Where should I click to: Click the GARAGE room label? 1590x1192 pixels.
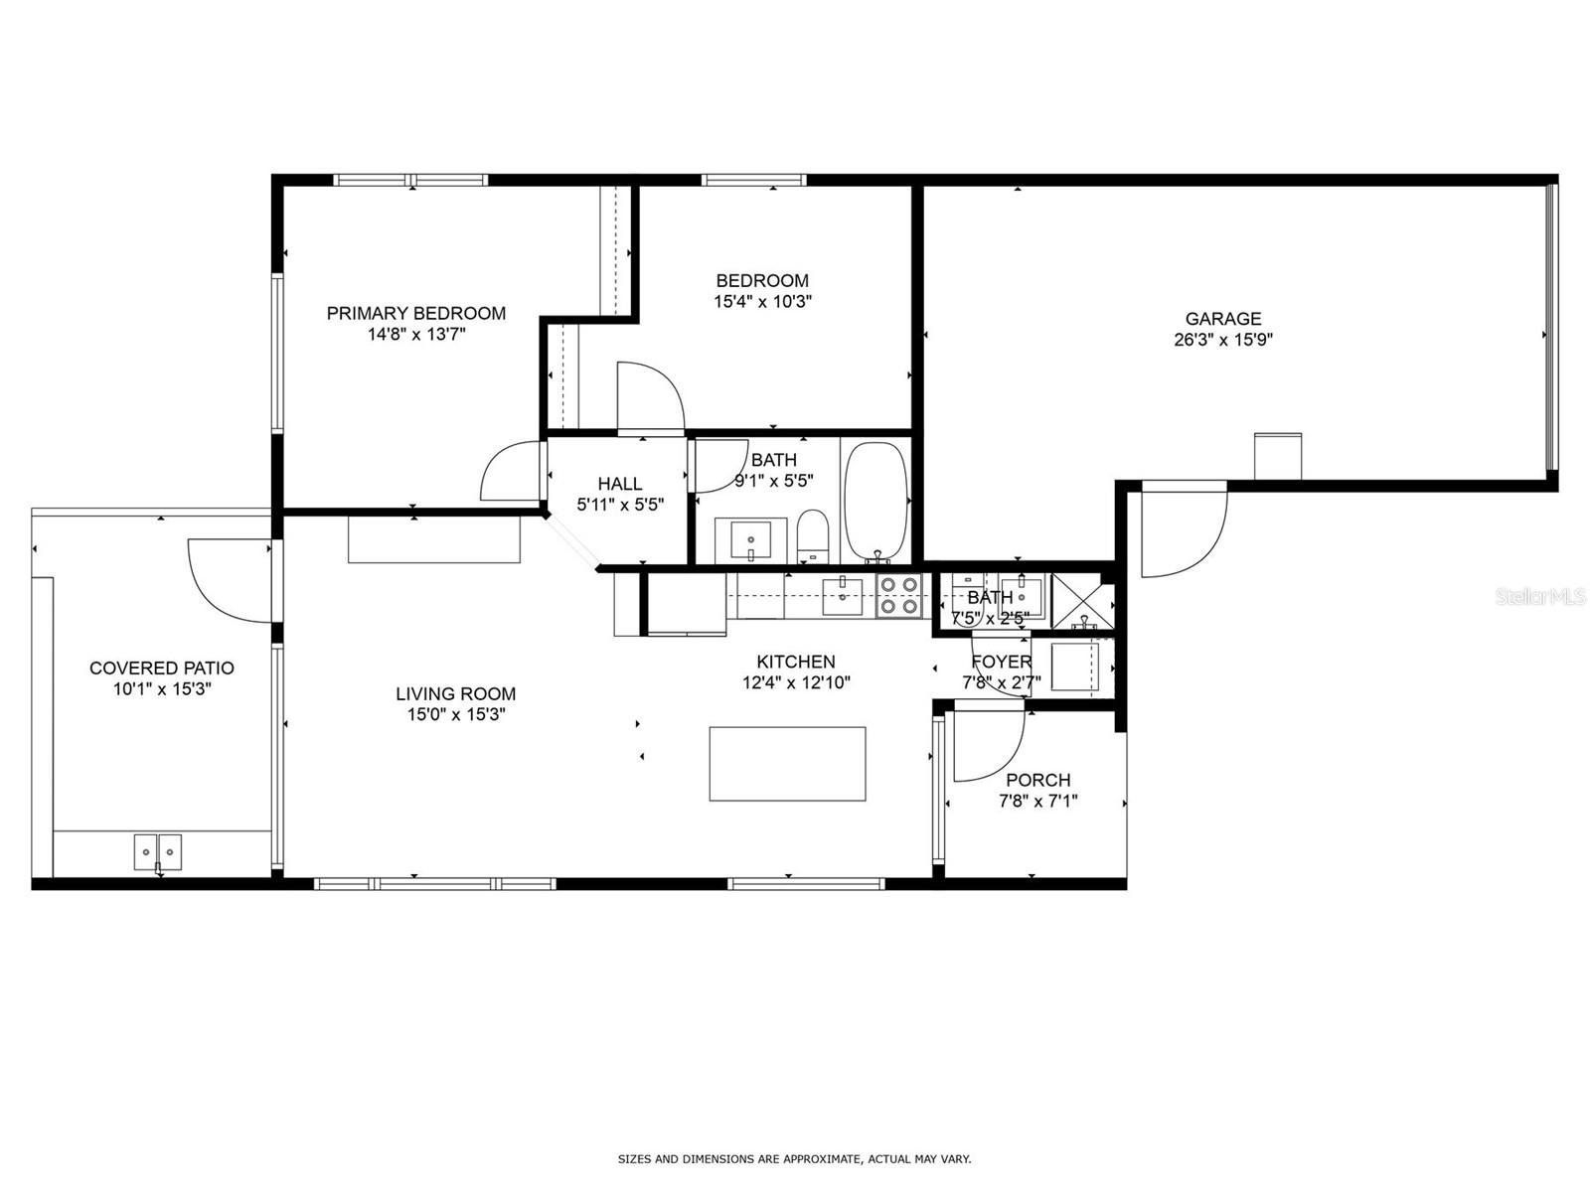pyautogui.click(x=1222, y=319)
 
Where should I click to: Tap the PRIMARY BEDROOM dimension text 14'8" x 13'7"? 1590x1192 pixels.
pyautogui.click(x=416, y=335)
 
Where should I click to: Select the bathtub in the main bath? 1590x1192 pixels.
pyautogui.click(x=875, y=503)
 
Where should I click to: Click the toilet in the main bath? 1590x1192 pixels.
pyautogui.click(x=812, y=535)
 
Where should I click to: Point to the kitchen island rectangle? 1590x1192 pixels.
pyautogui.click(x=787, y=764)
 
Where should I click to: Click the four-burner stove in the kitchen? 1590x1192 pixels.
pyautogui.click(x=898, y=595)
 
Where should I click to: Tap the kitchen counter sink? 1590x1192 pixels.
pyautogui.click(x=843, y=596)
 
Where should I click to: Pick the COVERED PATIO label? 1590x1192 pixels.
pyautogui.click(x=162, y=669)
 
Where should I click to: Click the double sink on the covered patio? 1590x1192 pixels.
pyautogui.click(x=158, y=852)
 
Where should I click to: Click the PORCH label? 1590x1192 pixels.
pyautogui.click(x=1037, y=781)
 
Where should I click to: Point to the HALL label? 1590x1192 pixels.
pyautogui.click(x=619, y=484)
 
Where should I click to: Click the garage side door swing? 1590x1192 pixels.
pyautogui.click(x=1183, y=529)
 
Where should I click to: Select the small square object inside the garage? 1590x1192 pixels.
pyautogui.click(x=1278, y=456)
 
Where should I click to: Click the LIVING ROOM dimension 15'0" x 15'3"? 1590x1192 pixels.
pyautogui.click(x=456, y=714)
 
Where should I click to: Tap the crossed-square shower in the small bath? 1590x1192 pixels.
pyautogui.click(x=1081, y=601)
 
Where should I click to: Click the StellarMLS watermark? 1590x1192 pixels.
pyautogui.click(x=1540, y=596)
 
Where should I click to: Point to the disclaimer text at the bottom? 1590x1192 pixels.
pyautogui.click(x=794, y=1159)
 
